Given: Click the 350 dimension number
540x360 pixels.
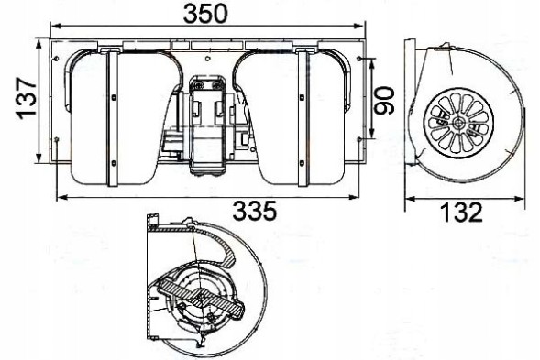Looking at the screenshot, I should click(205, 15).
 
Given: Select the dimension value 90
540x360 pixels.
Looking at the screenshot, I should click(385, 98).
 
